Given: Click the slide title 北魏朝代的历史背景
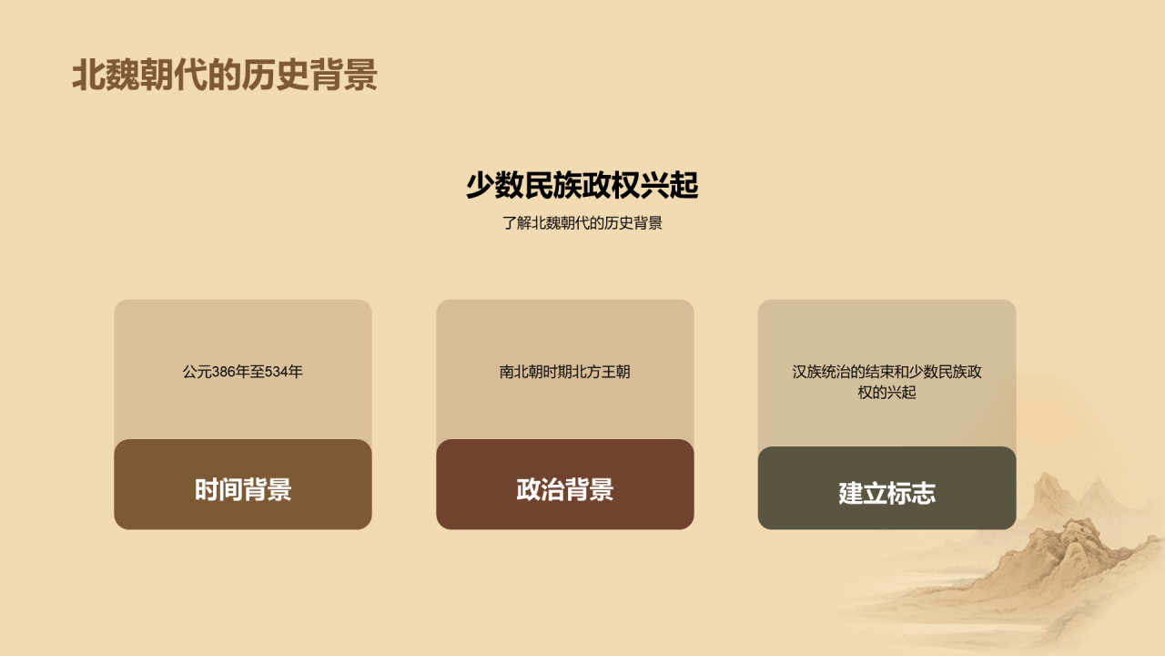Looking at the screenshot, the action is (225, 75).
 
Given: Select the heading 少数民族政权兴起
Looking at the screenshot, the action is (582, 185).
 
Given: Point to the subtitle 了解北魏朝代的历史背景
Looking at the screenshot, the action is (582, 223).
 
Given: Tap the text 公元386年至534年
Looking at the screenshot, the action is (242, 372).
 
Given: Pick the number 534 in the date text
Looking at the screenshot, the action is (277, 372).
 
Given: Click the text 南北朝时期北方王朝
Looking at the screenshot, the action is (565, 372).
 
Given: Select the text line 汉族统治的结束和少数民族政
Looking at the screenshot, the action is (886, 372).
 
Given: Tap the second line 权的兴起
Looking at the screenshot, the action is (886, 392).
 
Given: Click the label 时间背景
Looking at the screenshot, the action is (243, 489).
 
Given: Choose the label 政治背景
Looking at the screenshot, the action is (565, 489).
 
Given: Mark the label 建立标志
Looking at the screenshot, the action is (886, 493).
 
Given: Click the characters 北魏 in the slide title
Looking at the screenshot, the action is (106, 75).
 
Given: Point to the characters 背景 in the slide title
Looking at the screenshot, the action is (344, 75).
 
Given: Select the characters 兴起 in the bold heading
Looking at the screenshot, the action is (669, 185).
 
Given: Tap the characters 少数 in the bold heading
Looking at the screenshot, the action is (494, 185).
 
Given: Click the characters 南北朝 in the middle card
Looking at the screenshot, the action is (522, 372).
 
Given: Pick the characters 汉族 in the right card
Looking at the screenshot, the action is (806, 372).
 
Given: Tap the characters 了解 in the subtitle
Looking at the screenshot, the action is (516, 223).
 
